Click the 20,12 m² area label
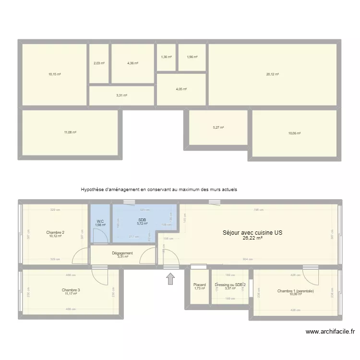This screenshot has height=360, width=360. click(x=273, y=74)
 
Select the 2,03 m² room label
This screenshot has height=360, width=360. click(x=99, y=63)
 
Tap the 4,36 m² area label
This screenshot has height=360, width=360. click(x=132, y=63)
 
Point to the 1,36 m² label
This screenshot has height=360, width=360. click(x=166, y=57)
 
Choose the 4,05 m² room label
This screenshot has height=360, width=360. click(x=181, y=89)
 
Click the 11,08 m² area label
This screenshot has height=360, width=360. click(x=71, y=132)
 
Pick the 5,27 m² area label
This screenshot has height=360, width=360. click(x=218, y=128)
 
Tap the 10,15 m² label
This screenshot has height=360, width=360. click(x=54, y=74)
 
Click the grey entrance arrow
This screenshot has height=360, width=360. click(x=170, y=279)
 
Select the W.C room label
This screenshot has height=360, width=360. click(x=100, y=221)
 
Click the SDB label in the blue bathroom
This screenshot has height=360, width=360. click(x=142, y=220)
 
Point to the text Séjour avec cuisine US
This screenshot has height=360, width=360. click(x=252, y=233)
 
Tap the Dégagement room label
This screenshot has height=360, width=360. click(x=122, y=253)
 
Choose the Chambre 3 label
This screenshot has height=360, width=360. click(x=71, y=290)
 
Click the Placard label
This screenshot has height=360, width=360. click(x=199, y=285)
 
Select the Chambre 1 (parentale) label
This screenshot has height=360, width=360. click(x=295, y=291)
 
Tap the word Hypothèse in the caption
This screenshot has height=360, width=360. click(x=93, y=190)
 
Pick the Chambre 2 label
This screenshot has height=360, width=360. click(x=56, y=232)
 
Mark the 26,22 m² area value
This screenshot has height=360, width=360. click(x=252, y=238)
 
